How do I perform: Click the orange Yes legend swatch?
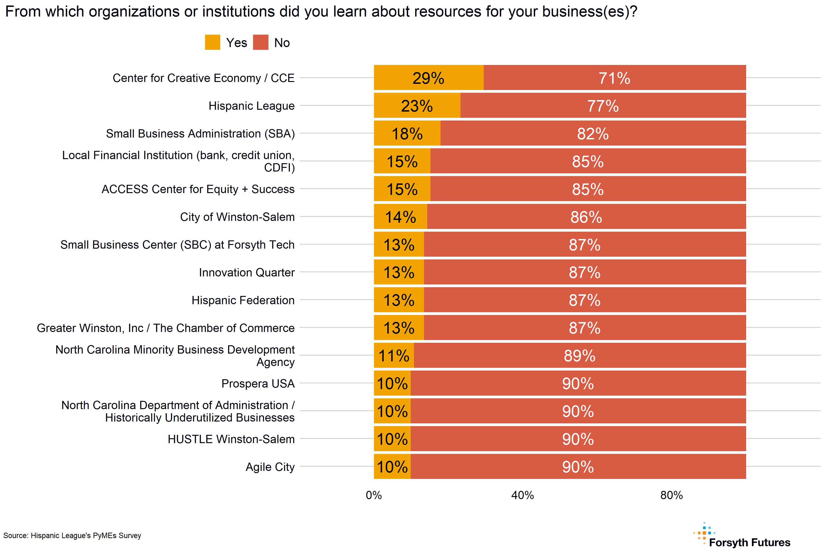212,42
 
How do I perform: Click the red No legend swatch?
261,42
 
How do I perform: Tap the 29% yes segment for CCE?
428,78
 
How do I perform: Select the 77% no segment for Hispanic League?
603,105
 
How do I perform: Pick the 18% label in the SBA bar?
407,134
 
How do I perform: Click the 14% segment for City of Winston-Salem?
400,217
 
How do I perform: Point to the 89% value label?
580,356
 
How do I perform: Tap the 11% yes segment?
394,356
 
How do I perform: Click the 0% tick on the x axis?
374,495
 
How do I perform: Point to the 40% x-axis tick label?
523,495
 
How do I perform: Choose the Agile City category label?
270,467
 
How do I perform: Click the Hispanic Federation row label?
243,300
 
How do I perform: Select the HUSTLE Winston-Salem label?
231,439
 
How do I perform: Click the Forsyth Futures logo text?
749,542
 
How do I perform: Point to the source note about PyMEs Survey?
72,536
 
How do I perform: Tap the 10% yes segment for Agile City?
392,467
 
